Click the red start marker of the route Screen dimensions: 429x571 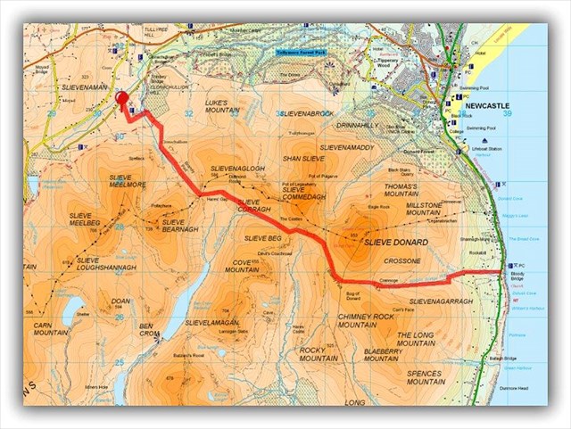click(x=122, y=100)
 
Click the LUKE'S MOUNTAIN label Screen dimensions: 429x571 click(x=222, y=108)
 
